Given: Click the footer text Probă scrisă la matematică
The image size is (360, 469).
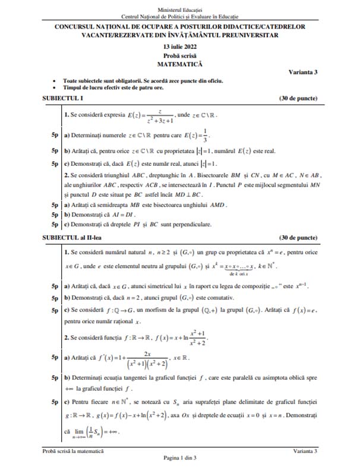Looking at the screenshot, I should point(73,451).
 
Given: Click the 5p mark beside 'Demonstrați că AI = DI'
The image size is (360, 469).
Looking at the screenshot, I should point(54,213).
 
